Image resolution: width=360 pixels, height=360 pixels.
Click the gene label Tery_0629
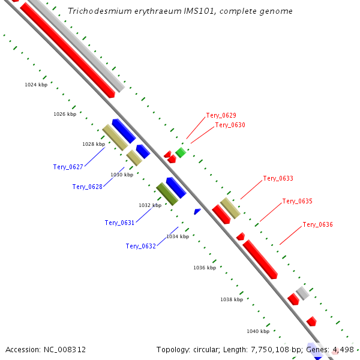221,115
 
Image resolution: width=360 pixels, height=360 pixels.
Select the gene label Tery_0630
230,125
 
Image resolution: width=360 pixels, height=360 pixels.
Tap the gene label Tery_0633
278,179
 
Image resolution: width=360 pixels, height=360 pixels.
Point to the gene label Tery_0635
297,201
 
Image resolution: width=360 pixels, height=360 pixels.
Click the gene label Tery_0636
317,224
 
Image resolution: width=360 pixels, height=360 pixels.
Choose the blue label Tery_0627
68,167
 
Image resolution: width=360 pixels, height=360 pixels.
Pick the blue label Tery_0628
87,187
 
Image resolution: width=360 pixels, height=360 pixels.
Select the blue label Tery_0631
119,223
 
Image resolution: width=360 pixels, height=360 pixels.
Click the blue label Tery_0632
140,246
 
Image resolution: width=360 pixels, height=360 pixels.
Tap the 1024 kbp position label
36,85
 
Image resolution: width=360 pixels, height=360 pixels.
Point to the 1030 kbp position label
122,175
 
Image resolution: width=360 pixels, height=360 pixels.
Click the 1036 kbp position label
204,268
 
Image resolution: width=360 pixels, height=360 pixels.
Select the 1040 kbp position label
258,331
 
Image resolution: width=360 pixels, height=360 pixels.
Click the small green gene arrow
181,152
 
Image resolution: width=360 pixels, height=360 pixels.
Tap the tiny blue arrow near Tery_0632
197,211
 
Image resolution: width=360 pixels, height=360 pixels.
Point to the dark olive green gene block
167,194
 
